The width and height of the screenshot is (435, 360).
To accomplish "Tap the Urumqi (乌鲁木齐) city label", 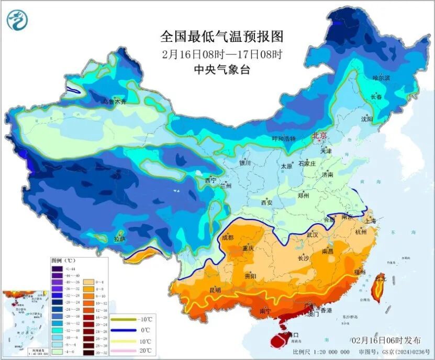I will [114, 102].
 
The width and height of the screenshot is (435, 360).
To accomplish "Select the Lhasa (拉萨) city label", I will [119, 239].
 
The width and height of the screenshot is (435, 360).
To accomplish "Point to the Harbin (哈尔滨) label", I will [381, 78].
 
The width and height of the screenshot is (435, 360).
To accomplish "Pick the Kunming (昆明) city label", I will [215, 290].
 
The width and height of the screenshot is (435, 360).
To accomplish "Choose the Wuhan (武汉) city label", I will [313, 234].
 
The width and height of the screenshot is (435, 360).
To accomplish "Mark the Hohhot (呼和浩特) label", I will [284, 139].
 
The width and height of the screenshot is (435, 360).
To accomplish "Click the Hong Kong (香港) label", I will [326, 311].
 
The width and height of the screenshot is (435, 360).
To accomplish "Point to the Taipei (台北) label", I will [383, 279].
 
